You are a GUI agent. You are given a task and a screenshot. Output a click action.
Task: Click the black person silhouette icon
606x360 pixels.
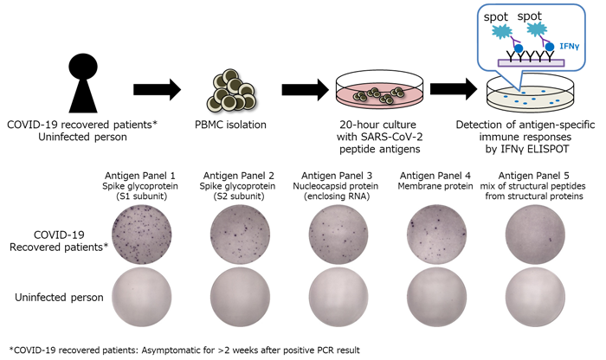pos(83,83)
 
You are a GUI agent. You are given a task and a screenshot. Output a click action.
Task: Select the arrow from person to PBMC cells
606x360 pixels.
pos(157,90)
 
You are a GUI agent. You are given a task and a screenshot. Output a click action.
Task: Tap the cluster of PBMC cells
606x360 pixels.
pos(231,91)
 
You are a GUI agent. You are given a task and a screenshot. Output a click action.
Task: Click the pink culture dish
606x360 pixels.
pos(379,93)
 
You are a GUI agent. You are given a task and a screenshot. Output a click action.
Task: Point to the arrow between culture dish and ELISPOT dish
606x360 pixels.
pos(454,89)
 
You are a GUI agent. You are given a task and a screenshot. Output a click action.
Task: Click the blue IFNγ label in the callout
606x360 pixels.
pos(570,47)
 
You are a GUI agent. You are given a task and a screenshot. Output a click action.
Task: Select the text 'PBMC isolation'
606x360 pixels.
pos(231,125)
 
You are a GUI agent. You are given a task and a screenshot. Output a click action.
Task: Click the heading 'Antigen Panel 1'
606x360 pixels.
pos(140,176)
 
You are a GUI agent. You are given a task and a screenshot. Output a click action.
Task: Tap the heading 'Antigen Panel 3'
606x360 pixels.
pos(337,176)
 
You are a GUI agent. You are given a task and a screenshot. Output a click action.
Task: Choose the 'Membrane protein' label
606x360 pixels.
pos(435,186)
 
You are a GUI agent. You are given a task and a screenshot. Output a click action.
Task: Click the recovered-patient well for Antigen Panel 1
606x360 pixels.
pos(141,235)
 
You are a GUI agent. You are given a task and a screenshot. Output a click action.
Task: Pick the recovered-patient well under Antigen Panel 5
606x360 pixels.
pos(535,235)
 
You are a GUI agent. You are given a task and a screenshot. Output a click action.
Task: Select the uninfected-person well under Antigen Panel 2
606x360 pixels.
pos(240,297)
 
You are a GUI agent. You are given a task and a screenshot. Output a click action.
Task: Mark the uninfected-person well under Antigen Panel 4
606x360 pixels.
pos(436,297)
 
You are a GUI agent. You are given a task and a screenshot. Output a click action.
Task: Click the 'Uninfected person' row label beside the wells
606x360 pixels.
pos(59,298)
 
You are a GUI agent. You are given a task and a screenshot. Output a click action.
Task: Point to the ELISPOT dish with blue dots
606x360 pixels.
pos(530,94)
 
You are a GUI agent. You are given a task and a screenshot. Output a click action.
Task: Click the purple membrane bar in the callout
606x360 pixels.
pos(531,63)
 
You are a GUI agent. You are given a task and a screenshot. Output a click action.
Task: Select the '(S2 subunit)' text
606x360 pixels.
pos(238,196)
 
